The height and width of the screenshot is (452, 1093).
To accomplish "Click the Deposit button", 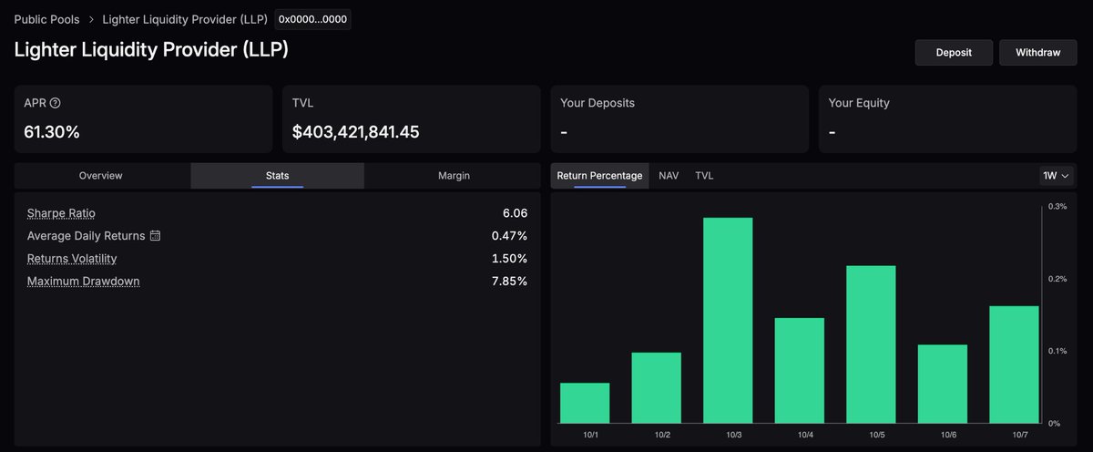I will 954,52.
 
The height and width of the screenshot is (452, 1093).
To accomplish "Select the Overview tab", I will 101,176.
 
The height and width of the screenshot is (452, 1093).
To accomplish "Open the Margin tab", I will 454,176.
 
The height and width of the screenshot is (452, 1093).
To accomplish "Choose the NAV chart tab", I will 669,176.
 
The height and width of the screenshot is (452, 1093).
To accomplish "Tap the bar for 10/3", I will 728,319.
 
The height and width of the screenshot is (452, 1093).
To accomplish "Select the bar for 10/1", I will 585,403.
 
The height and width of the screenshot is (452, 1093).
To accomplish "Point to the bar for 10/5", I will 871,344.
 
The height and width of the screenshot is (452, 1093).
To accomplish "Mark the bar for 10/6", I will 942,383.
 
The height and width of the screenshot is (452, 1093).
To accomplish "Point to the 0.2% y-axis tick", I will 1057,279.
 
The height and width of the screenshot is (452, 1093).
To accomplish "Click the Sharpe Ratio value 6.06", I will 514,213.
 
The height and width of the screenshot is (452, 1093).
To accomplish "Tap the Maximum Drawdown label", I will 84,282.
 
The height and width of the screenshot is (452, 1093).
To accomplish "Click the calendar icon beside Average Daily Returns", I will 155,236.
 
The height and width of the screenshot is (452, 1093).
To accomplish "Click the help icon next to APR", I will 56,103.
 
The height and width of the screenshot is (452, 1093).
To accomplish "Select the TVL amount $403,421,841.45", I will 355,132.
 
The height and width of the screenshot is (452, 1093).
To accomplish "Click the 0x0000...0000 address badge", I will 312,19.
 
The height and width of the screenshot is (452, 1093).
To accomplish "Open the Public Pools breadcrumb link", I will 46,19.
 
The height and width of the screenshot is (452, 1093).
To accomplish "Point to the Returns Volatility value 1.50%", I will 509,259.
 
